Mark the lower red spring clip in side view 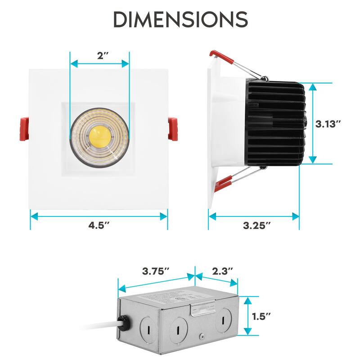pos(224,182)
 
